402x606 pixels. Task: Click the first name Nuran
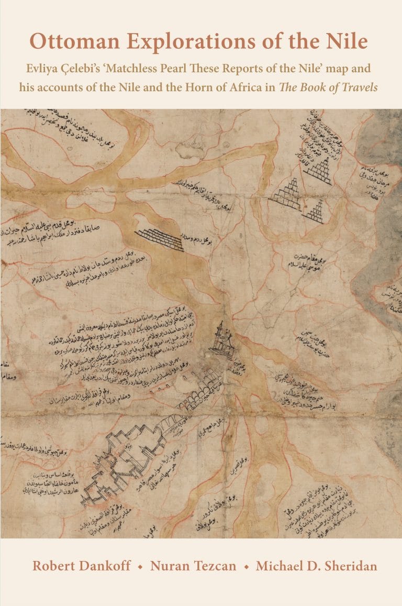pos(168,566)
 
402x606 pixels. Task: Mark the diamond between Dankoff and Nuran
pos(140,567)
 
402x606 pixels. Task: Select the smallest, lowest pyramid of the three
pos(314,213)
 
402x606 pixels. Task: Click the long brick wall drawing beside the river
pos(159,239)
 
